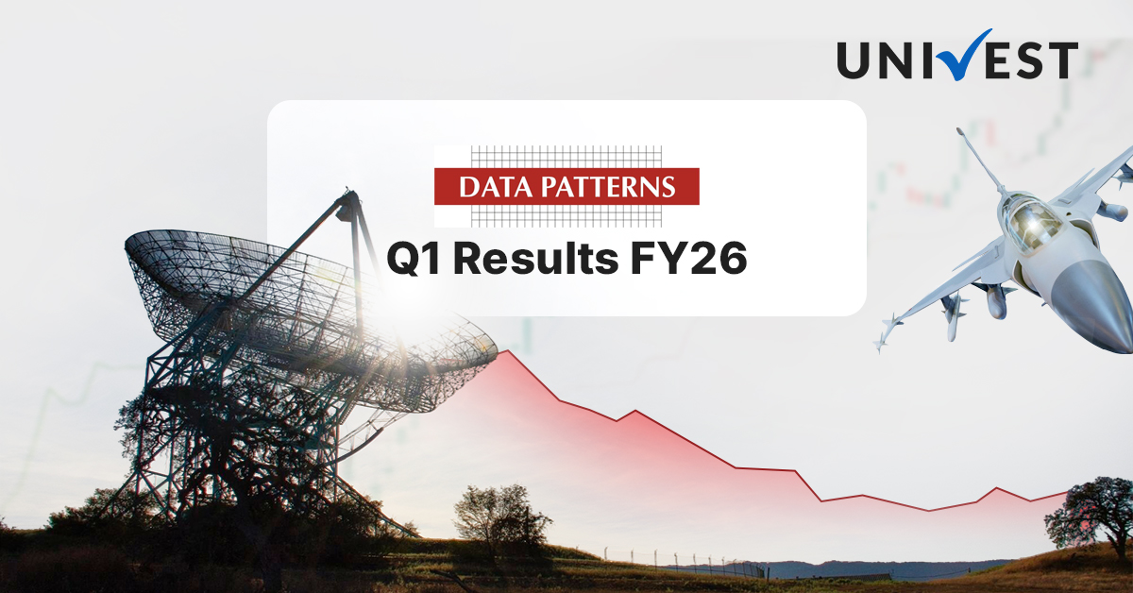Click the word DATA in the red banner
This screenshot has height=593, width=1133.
click(494, 186)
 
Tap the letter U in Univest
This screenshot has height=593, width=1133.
click(854, 59)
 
